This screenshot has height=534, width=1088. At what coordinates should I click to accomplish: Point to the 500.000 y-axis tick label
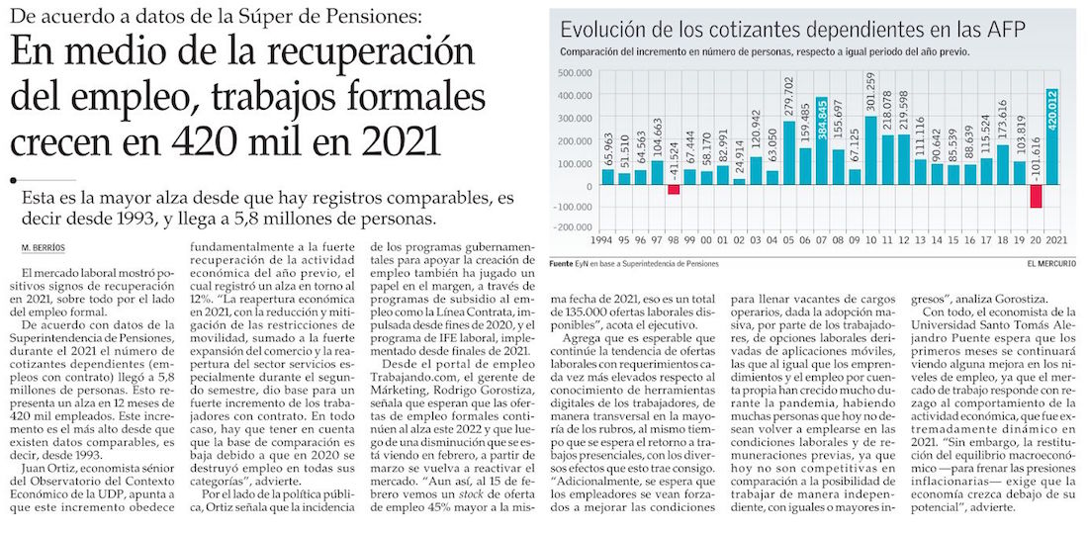click(577, 73)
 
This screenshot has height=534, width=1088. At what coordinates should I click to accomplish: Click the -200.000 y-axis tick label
click(575, 228)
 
